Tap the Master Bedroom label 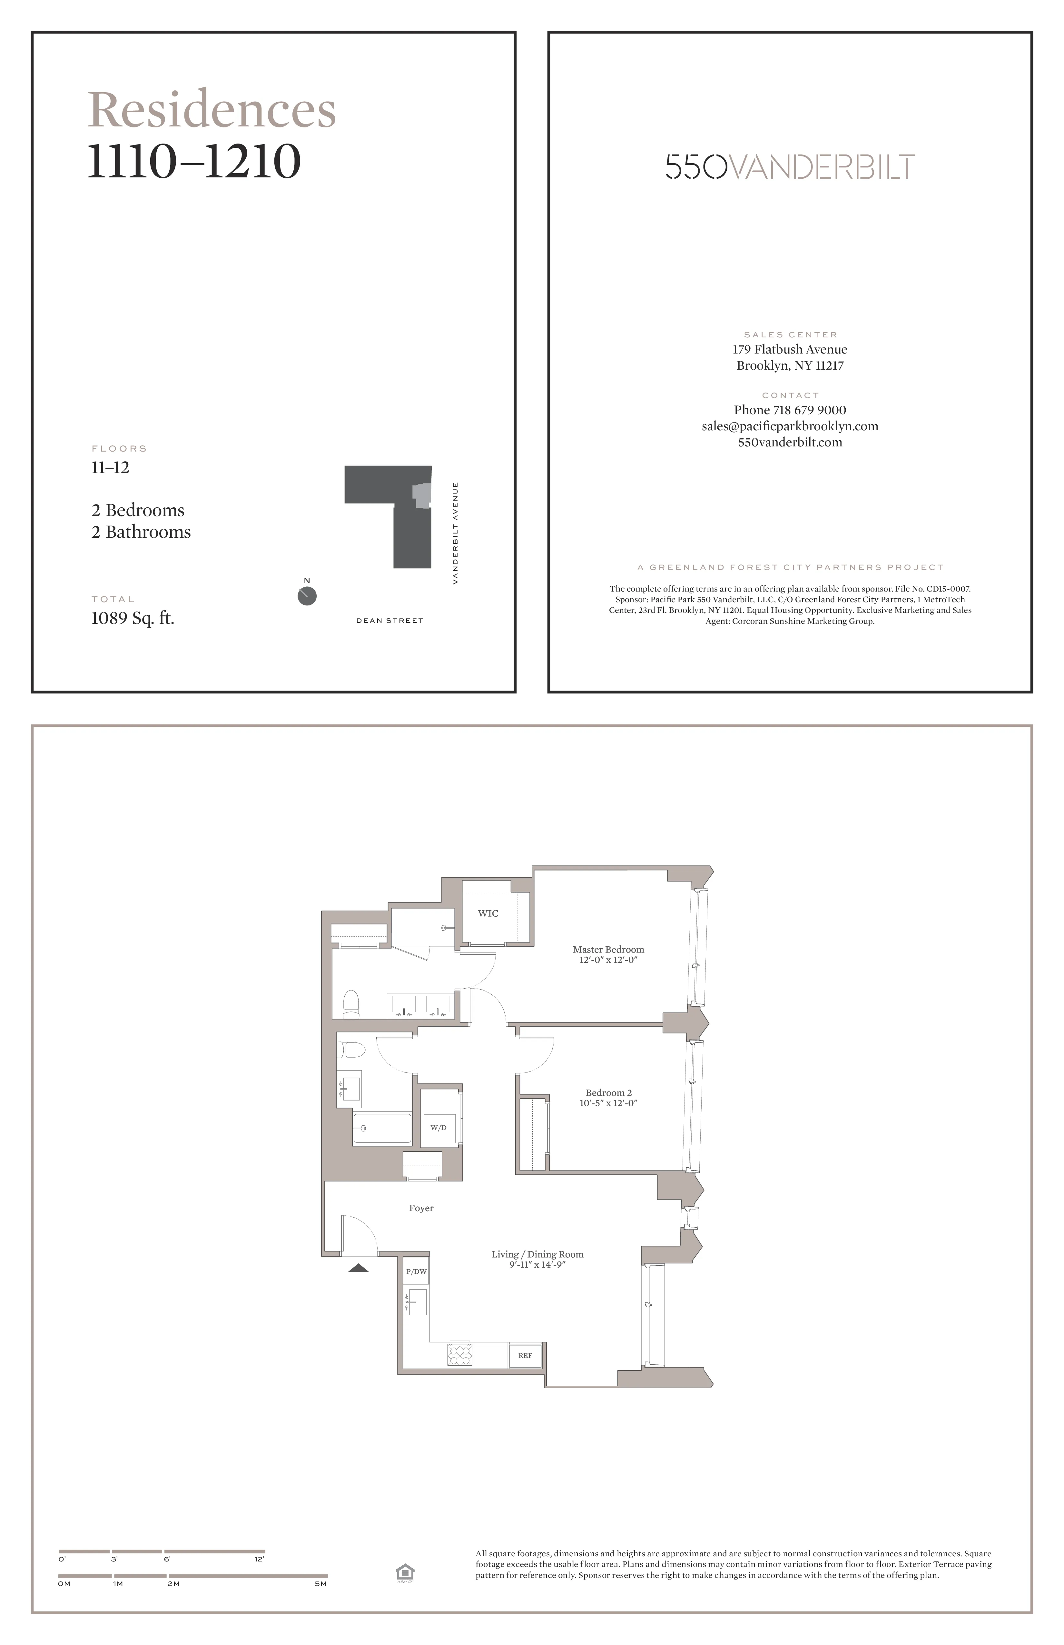point(608,950)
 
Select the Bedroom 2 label point(608,1093)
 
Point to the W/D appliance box point(439,1127)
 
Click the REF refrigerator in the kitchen point(525,1355)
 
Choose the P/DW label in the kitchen point(416,1271)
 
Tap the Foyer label point(421,1208)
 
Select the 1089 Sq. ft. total point(133,618)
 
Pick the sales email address point(790,426)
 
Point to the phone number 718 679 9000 point(790,410)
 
